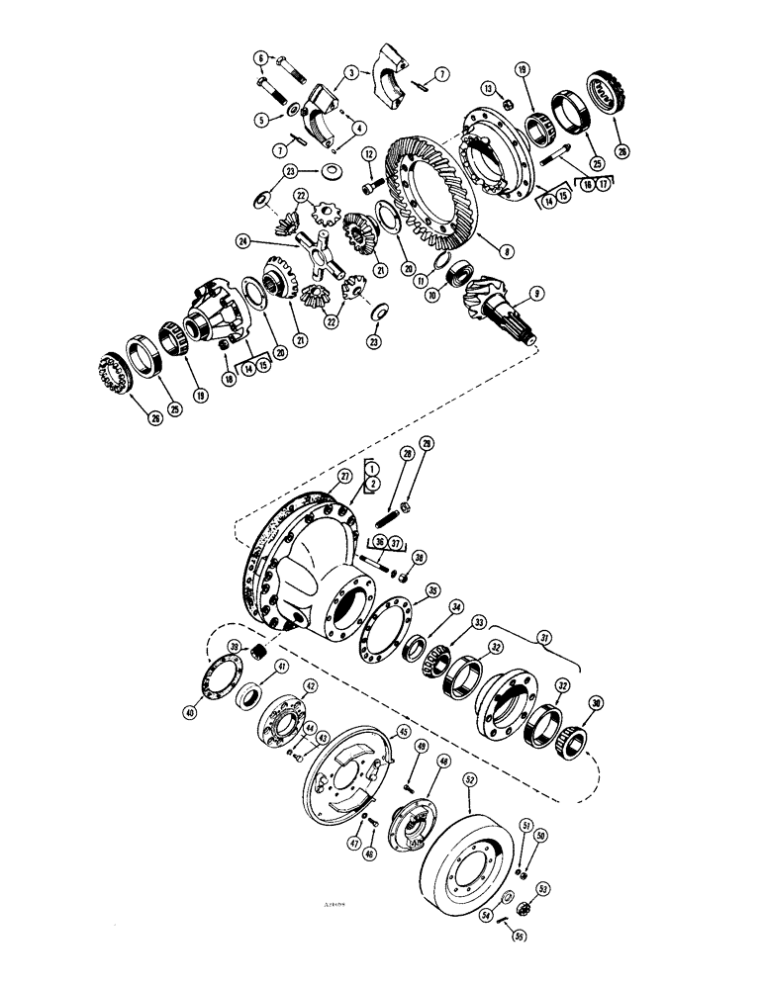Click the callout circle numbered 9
coord(537,292)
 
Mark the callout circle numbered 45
coord(403,733)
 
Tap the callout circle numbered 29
coord(426,443)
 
